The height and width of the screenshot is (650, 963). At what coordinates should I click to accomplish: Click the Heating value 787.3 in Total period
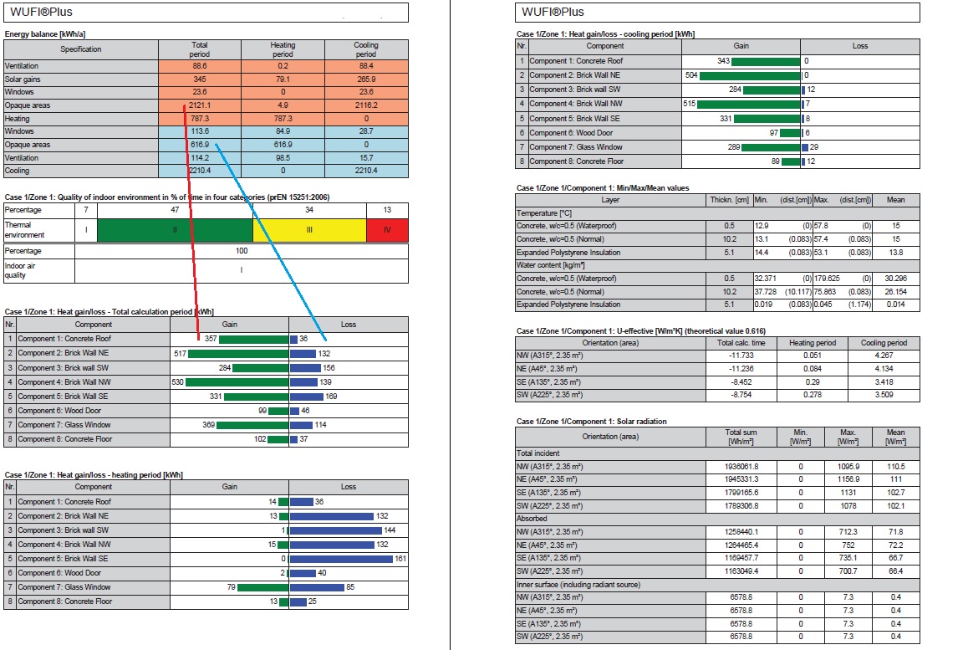(200, 119)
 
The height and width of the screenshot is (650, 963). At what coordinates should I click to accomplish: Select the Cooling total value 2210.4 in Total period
(200, 171)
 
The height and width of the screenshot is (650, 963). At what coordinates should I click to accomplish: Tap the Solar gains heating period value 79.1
(283, 79)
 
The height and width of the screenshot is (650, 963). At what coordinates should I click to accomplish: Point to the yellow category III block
(309, 230)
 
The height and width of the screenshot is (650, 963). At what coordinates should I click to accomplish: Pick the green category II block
(175, 230)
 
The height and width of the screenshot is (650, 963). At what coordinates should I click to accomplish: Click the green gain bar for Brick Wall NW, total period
(237, 381)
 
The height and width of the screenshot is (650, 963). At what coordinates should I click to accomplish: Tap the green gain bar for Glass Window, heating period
(262, 587)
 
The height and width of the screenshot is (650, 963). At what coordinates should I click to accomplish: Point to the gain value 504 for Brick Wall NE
(690, 75)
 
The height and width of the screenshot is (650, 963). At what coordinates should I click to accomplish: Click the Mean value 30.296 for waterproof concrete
(895, 278)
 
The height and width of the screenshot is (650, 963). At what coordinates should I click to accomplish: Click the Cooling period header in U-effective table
(884, 343)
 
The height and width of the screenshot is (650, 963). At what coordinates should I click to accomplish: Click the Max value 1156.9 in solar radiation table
(848, 479)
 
